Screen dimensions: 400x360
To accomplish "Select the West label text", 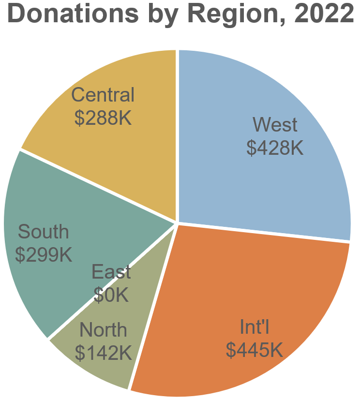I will (275, 125).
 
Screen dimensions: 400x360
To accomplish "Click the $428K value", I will (275, 148).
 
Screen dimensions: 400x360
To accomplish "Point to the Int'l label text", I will (254, 327).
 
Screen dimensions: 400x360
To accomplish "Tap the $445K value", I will (254, 349).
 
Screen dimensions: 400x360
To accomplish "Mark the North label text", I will (103, 330).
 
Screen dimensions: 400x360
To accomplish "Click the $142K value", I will (103, 353).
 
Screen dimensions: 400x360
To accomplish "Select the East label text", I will (111, 272).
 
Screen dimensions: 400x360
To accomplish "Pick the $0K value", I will (111, 294).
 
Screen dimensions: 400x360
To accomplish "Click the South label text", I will (44, 232).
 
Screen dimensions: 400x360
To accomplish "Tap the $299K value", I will (44, 254).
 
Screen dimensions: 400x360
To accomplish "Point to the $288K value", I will (103, 118).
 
